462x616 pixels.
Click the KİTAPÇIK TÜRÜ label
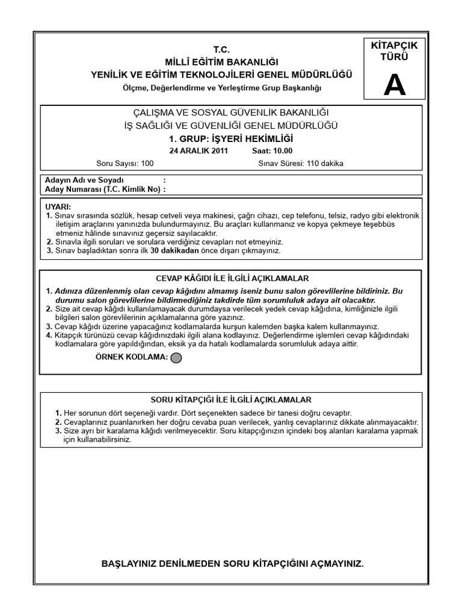click(395, 52)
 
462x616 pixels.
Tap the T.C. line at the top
click(222, 49)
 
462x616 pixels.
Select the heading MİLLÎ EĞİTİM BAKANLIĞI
click(222, 62)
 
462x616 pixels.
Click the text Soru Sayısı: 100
click(125, 163)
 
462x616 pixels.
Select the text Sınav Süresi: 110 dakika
click(301, 163)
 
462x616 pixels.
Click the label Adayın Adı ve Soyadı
click(84, 180)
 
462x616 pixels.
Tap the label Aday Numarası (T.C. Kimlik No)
click(103, 189)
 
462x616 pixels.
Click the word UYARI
click(58, 206)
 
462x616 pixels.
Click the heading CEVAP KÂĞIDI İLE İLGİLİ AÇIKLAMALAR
click(232, 279)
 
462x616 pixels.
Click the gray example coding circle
click(176, 359)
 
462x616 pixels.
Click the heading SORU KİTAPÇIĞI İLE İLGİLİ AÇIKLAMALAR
click(231, 400)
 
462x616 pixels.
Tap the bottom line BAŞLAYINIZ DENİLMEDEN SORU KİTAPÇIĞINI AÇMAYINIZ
click(233, 564)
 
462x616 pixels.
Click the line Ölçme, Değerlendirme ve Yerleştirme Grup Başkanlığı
click(222, 88)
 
